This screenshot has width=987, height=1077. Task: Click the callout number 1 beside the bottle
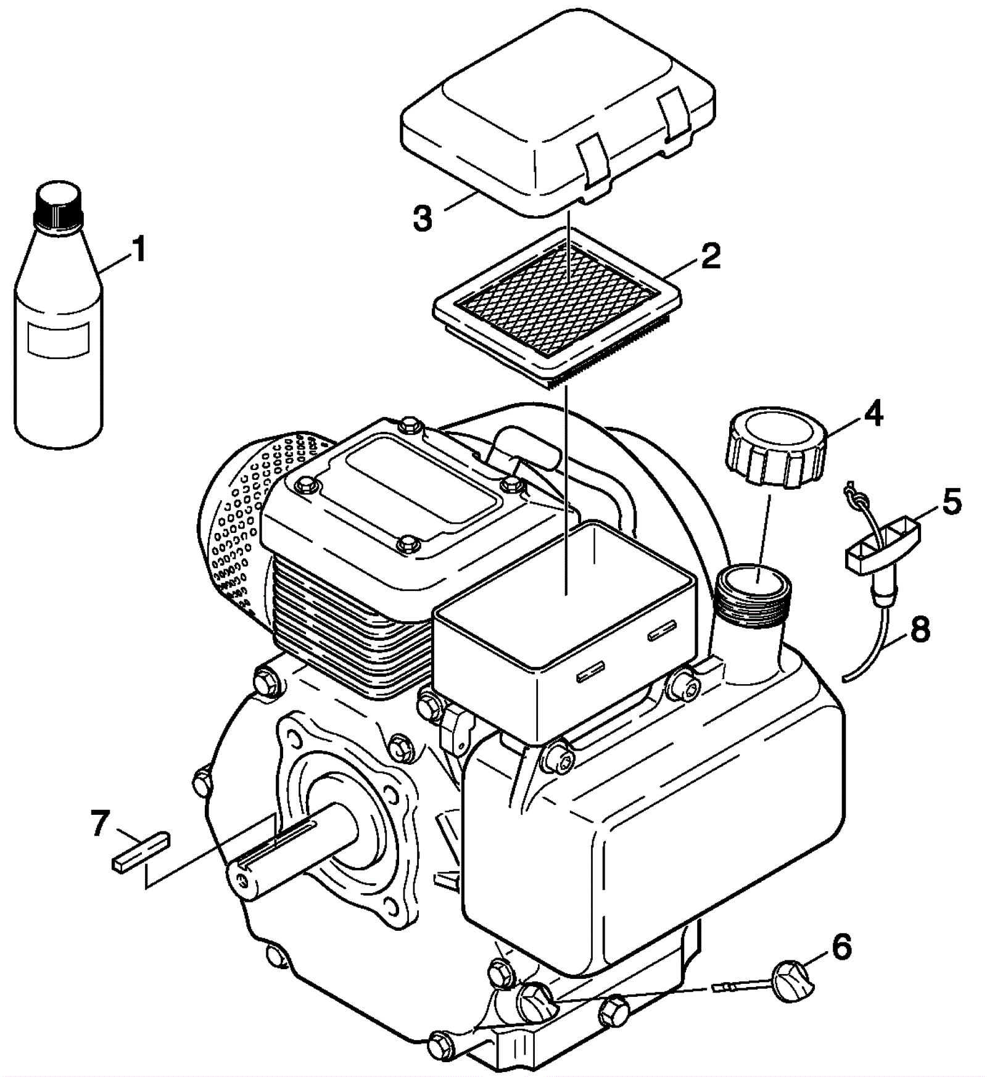(139, 250)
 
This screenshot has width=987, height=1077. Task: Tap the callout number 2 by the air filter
(710, 255)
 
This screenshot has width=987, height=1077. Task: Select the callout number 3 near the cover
(423, 219)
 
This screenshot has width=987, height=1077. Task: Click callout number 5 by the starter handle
(951, 501)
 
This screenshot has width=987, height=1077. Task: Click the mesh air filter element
(558, 300)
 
